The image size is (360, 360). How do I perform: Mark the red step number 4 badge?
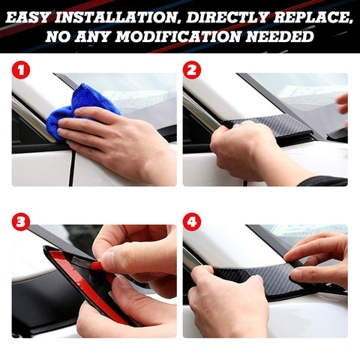(192, 222)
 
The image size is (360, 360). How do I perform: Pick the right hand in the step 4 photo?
(319, 255)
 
